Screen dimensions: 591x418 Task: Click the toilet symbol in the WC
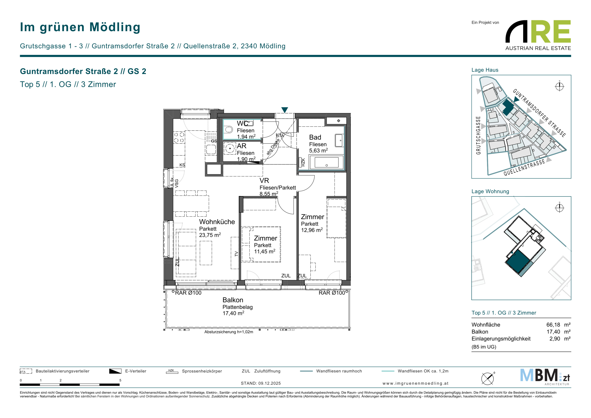(228, 130)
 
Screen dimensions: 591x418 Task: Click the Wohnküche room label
(217, 222)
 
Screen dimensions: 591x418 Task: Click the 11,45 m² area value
(265, 251)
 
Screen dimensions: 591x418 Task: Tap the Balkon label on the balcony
(233, 300)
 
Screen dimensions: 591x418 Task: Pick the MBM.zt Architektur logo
(545, 377)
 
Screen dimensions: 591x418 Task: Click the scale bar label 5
(120, 380)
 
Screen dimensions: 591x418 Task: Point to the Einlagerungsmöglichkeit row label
(501, 339)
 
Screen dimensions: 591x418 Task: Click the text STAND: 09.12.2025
(261, 383)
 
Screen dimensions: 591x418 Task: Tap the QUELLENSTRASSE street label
(524, 168)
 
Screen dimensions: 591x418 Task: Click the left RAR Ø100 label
(188, 293)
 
